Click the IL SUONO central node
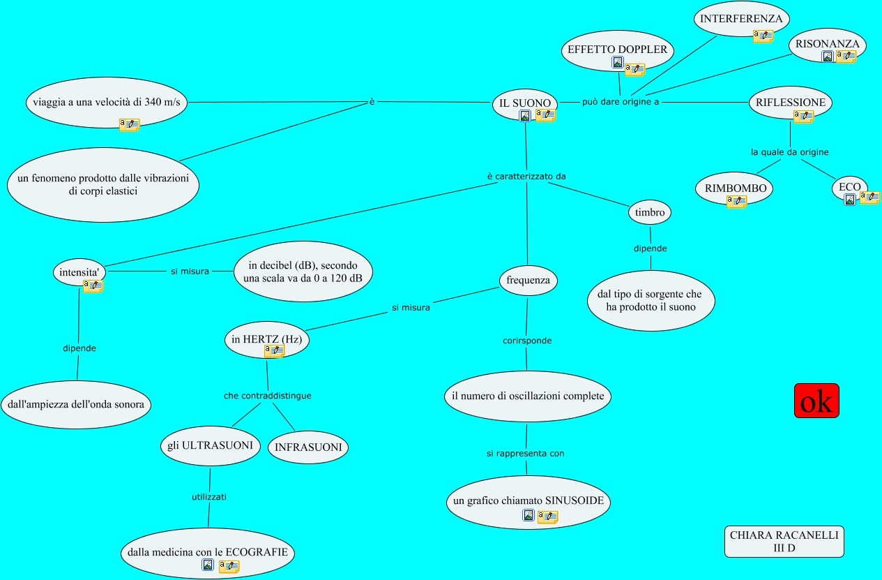click(525, 103)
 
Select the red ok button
click(816, 401)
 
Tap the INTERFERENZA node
click(741, 19)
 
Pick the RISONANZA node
click(828, 44)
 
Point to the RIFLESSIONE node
click(790, 103)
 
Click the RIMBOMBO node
click(735, 188)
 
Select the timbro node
click(650, 212)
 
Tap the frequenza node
click(529, 281)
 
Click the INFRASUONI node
click(308, 447)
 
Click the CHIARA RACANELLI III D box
click(784, 542)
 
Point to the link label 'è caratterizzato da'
click(526, 176)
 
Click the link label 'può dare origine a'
click(621, 101)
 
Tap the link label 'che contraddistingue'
click(267, 396)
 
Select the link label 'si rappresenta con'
click(525, 454)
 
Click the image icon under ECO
click(849, 200)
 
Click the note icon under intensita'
click(93, 285)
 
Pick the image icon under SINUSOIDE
click(529, 516)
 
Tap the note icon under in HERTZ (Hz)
click(274, 350)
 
